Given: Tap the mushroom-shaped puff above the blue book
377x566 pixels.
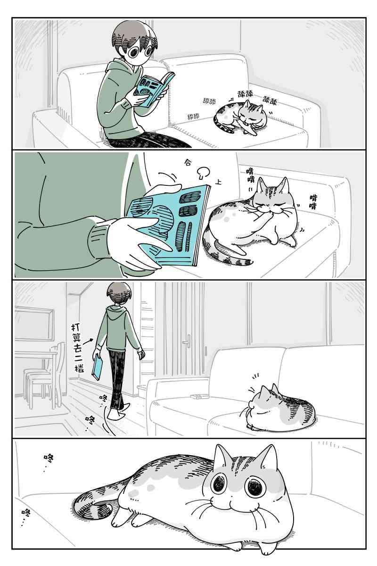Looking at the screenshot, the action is coord(203,172).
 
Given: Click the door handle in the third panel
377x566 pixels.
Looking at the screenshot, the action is coord(188,341).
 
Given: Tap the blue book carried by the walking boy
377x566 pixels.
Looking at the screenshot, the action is coord(96,367).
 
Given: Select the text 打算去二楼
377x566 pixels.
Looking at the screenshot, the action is coord(77,348).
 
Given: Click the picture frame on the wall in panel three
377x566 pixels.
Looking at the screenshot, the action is coord(34,324).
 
